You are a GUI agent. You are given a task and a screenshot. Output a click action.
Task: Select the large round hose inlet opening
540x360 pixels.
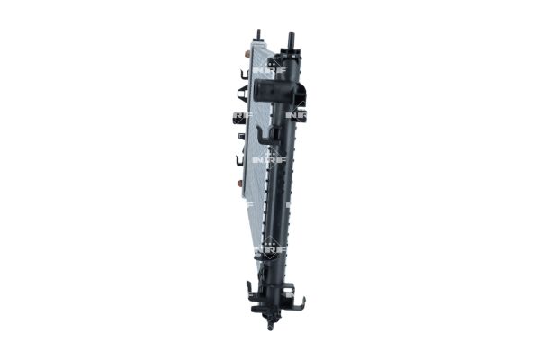coord(266,90)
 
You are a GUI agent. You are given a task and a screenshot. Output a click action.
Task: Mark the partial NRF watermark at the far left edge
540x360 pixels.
coord(238,115)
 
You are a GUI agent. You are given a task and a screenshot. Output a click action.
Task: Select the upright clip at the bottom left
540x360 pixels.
coord(249,290)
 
